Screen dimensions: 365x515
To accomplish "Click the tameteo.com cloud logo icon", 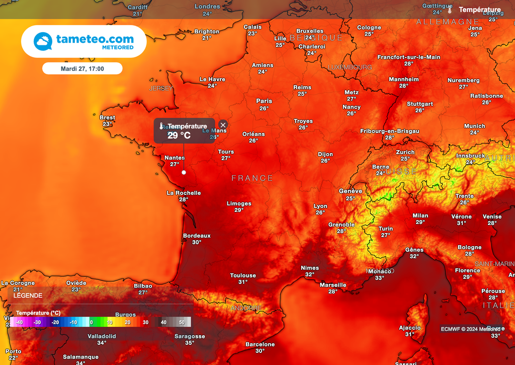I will pos(43,41).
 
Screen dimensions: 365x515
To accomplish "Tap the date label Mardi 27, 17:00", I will pos(82,68).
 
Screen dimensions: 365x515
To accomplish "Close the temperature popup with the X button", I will pos(223,125).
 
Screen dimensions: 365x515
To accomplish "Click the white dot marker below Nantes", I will pos(184,172).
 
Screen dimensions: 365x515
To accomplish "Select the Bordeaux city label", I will pos(197,236).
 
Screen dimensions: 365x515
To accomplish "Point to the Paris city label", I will pos(264,101).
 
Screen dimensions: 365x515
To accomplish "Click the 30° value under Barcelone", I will pos(260,351).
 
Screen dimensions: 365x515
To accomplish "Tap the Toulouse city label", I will pos(243,275).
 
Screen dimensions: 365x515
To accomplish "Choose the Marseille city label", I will pos(333,285).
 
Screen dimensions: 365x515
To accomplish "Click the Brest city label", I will pos(107,118).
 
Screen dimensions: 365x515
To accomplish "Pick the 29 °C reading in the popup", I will pos(179,135).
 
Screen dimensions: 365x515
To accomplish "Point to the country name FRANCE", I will pos(252,178).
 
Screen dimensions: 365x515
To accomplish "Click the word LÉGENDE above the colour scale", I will pos(28,296).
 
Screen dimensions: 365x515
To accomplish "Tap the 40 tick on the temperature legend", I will pos(163,322).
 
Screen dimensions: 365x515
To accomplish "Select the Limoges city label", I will pos(239,203).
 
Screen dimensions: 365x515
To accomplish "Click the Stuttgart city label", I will pos(419,104).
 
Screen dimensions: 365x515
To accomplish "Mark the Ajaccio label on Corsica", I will pos(410,328).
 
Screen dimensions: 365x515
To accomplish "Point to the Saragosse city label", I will pos(190,336).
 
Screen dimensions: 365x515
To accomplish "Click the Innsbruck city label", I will pos(470,156).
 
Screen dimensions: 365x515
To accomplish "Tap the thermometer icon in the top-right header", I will pos(450,10).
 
